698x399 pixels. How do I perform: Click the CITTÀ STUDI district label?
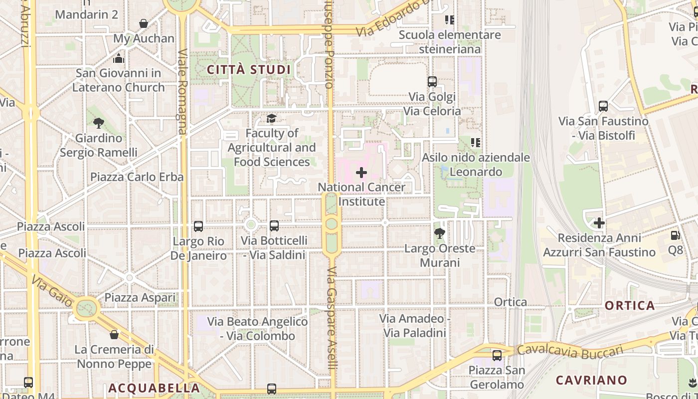click(248, 69)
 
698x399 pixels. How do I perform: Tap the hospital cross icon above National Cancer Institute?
click(361, 173)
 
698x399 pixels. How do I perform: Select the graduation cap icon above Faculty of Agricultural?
click(271, 119)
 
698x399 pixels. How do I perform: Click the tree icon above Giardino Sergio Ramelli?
click(99, 123)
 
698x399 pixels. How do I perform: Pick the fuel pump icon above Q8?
click(675, 235)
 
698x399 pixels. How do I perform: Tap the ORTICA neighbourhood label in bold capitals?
click(630, 305)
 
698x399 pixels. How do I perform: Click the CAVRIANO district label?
click(591, 380)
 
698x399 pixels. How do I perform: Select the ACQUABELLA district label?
click(154, 388)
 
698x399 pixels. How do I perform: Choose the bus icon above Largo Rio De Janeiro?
click(198, 226)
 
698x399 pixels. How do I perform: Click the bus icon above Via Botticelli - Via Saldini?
click(274, 226)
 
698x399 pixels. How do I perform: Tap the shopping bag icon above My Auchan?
click(144, 23)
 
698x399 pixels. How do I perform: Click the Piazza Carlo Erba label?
click(137, 177)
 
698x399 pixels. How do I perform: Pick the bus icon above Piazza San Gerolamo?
click(497, 356)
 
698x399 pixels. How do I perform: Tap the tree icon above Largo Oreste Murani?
click(440, 233)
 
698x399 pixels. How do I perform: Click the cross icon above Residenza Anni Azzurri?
click(599, 222)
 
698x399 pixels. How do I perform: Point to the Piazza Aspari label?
click(140, 297)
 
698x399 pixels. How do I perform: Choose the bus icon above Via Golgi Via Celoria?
click(432, 81)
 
